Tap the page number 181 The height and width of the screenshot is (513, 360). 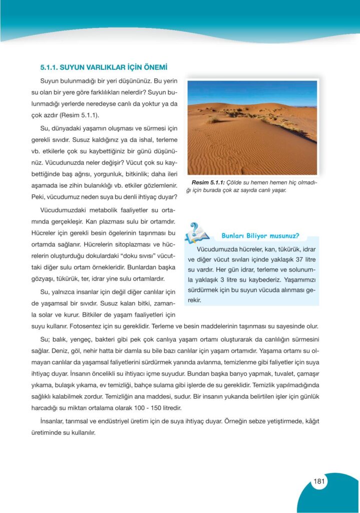click(319, 481)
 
